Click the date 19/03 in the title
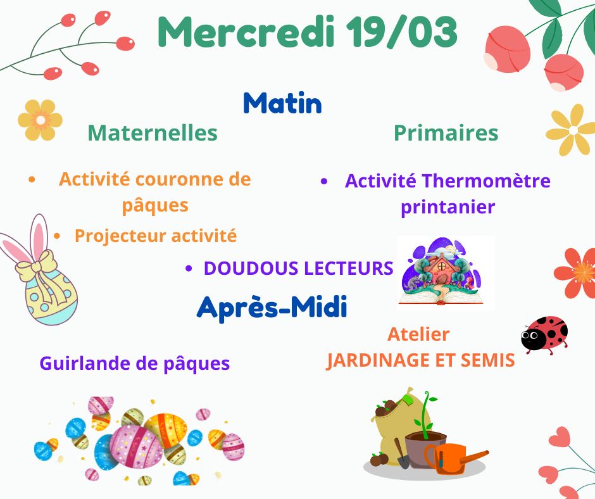pos(401,32)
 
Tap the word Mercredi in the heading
pos(246,32)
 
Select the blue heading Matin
pos(282,103)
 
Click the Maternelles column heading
pos(153,133)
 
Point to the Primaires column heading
pos(446,133)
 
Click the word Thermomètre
pos(487,180)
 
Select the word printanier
pos(448,207)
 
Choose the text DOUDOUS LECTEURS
pos(298,268)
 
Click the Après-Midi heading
pos(272,307)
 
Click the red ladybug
pos(544,334)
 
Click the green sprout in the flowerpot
pos(426,413)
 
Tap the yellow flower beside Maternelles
pos(41,120)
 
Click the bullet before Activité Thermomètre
pos(323,181)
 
